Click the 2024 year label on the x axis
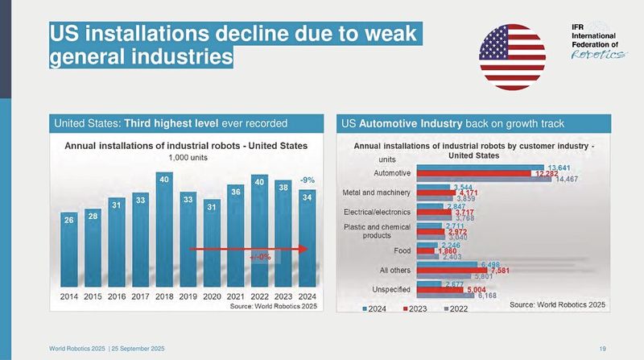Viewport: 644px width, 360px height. (x=307, y=296)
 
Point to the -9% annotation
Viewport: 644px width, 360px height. (x=307, y=180)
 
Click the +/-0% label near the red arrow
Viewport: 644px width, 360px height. (x=260, y=256)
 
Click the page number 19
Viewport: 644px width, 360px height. (x=603, y=347)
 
